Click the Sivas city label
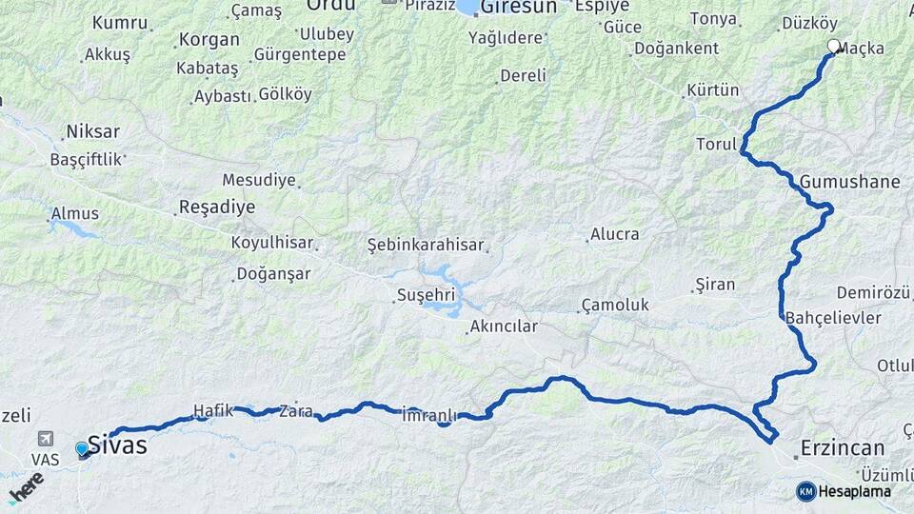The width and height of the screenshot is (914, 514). (x=118, y=445)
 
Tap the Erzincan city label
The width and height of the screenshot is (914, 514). (x=843, y=448)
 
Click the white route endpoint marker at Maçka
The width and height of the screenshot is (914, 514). (x=834, y=46)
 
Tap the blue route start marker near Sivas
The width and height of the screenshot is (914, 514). (x=82, y=448)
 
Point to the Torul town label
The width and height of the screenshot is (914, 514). (x=717, y=145)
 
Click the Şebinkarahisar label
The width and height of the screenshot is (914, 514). (x=425, y=246)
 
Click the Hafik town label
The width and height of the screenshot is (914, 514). (x=213, y=410)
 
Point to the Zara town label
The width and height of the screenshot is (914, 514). (x=295, y=412)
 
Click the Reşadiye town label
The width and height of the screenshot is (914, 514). (x=217, y=208)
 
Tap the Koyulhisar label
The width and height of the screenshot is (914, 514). (x=271, y=243)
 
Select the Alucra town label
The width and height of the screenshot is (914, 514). (x=615, y=234)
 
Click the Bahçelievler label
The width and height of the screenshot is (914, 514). (x=834, y=318)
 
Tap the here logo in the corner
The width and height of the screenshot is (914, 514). (x=26, y=486)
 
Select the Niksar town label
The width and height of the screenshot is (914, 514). (x=92, y=131)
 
